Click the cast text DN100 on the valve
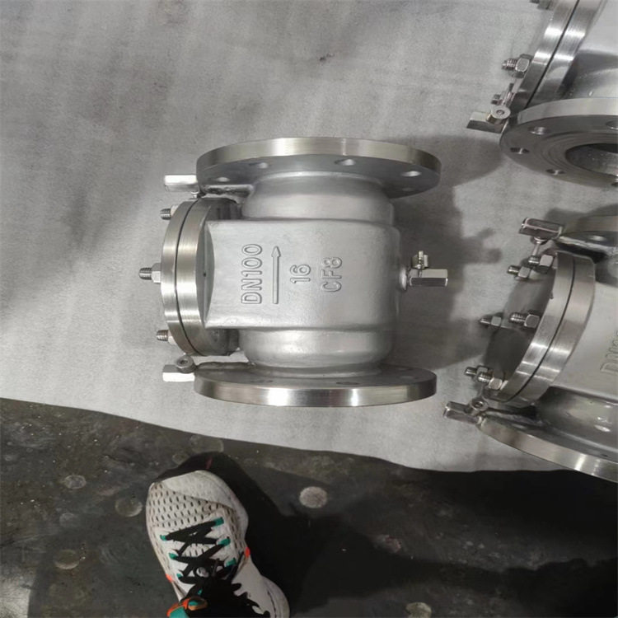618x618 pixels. click(252, 273)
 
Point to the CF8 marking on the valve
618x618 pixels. click(331, 274)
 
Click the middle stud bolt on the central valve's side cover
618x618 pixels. click(151, 273)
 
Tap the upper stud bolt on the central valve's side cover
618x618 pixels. click(165, 213)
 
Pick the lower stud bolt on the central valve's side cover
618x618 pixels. click(164, 335)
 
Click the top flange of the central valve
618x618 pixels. click(318, 166)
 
